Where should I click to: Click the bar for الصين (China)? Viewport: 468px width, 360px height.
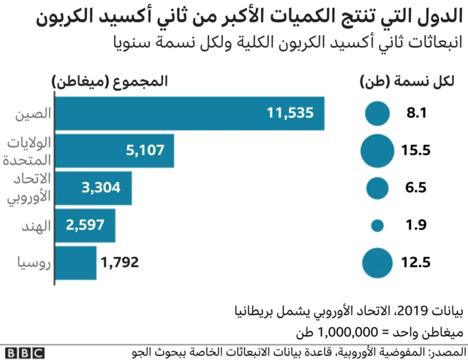click(x=190, y=113)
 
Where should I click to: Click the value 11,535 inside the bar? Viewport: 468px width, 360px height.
click(x=290, y=113)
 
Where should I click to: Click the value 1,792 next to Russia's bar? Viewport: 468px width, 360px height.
click(x=120, y=263)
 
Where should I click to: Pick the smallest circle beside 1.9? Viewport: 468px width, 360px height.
click(x=378, y=225)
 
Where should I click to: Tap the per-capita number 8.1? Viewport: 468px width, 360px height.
click(x=415, y=113)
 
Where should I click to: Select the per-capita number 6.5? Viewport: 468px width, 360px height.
click(x=415, y=188)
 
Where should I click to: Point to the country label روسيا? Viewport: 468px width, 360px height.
click(x=32, y=263)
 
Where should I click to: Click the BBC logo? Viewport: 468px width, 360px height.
click(x=23, y=352)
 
